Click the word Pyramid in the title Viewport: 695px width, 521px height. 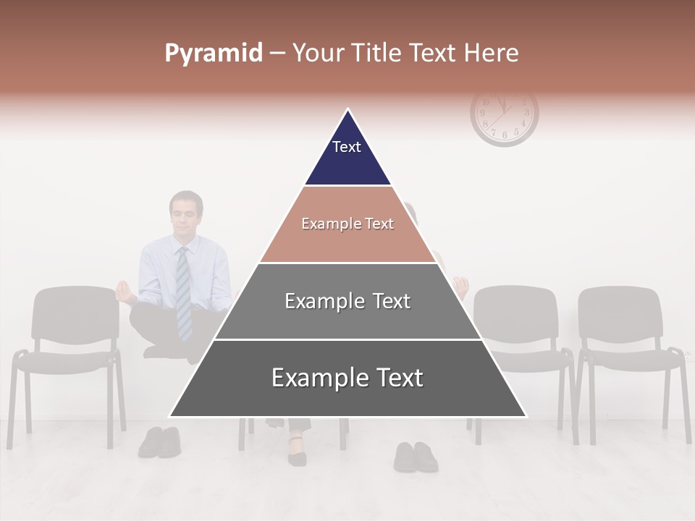214,54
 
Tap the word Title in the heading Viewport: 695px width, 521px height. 379,54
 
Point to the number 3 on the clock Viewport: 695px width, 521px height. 528,113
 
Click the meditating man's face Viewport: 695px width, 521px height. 186,215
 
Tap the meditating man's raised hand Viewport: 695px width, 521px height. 125,291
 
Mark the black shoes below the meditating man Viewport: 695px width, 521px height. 160,441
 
